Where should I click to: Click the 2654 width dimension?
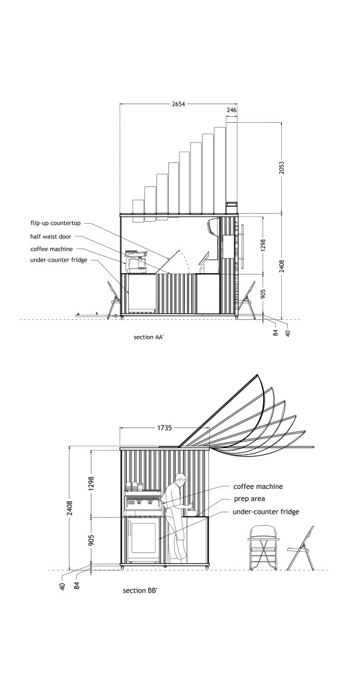coord(178,104)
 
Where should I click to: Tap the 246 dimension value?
coord(231,110)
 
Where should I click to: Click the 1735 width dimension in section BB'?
coord(164,428)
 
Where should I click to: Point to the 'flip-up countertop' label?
coord(55,223)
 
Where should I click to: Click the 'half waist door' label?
coord(51,236)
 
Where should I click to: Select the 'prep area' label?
coord(249,498)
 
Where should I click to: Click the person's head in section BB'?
coord(180,477)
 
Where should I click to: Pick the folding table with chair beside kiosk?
coord(262,548)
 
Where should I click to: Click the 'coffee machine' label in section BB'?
coord(258,486)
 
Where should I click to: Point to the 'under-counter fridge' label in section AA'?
coord(59,260)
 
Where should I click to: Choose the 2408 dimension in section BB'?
coord(70,508)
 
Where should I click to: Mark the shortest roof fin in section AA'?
coord(138,207)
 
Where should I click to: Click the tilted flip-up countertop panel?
coord(169,262)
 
